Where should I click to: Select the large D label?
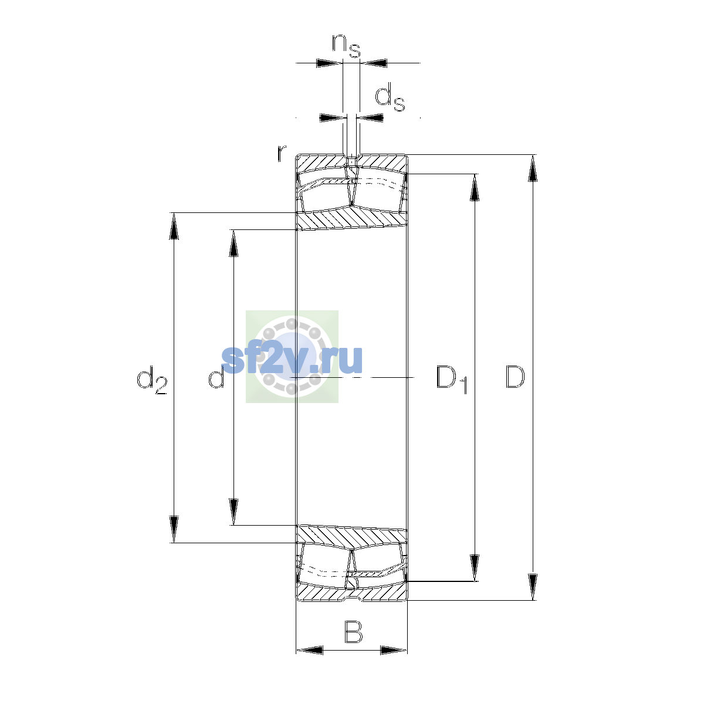(515, 377)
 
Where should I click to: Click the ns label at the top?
(346, 46)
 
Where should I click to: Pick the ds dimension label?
(390, 97)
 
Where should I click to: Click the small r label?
(281, 153)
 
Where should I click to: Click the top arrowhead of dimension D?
(533, 168)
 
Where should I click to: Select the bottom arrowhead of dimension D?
(533, 587)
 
